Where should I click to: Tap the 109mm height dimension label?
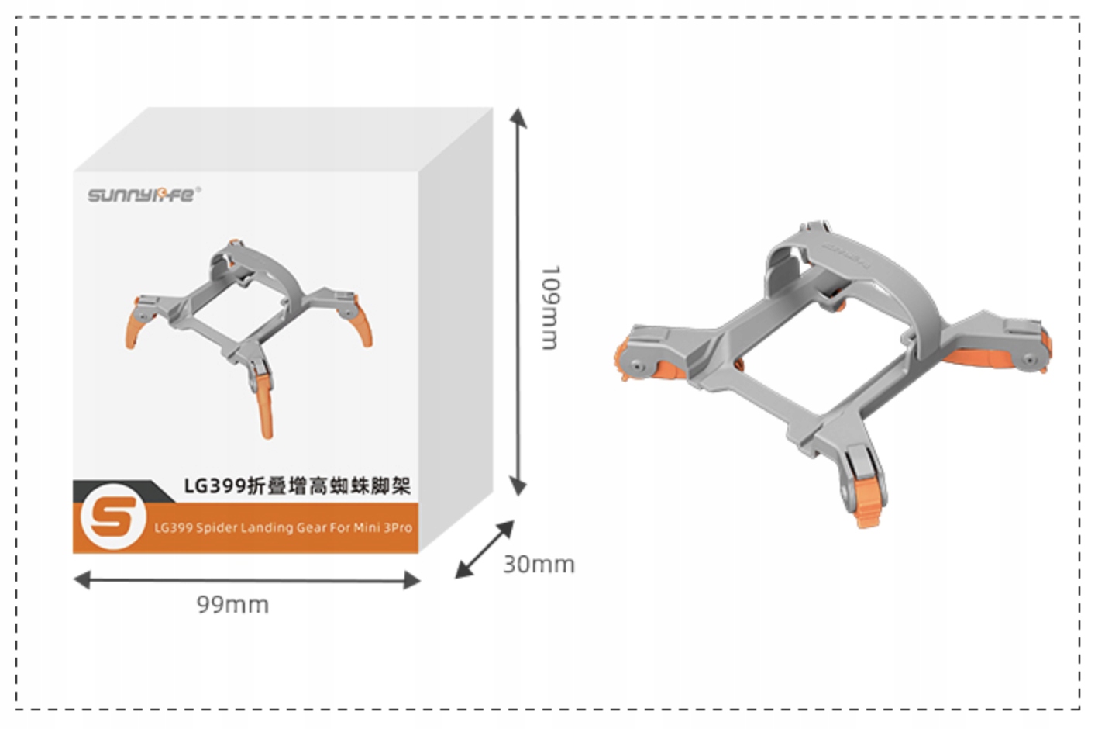[x=549, y=308]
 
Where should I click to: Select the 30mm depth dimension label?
[x=539, y=564]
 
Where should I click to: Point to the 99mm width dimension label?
[x=232, y=604]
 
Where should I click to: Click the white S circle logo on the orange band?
[x=113, y=517]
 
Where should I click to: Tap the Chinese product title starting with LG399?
[x=297, y=486]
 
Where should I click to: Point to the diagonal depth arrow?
[x=484, y=549]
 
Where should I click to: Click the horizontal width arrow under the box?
[x=246, y=579]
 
